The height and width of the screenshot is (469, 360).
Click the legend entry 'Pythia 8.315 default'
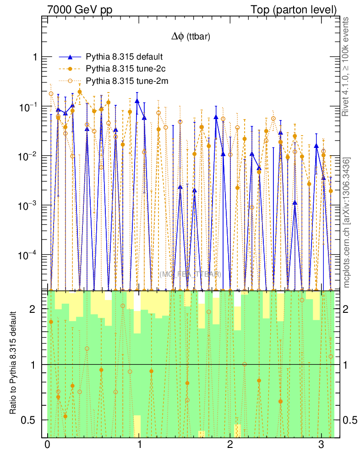pyautogui.click(x=125, y=57)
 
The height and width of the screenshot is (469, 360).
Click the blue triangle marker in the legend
pyautogui.click(x=70, y=57)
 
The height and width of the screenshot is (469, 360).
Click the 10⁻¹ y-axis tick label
pyautogui.click(x=29, y=106)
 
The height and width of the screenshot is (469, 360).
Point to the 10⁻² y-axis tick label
pyautogui.click(x=29, y=156)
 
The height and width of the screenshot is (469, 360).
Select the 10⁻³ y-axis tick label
pyautogui.click(x=29, y=205)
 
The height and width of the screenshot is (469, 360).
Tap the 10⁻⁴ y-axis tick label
pyautogui.click(x=29, y=255)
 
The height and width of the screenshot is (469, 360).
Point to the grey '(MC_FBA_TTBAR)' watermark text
pyautogui.click(x=191, y=274)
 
